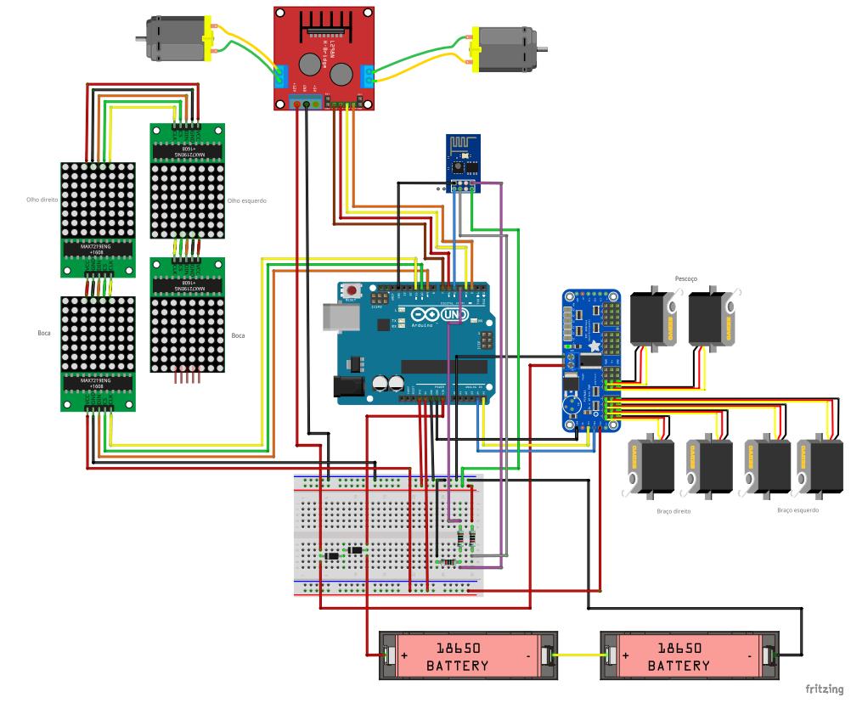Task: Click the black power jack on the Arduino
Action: [351, 386]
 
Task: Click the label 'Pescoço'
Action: [685, 278]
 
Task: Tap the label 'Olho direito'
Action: [41, 201]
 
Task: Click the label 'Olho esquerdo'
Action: [247, 201]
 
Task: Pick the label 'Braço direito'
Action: [673, 512]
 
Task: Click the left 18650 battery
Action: [467, 655]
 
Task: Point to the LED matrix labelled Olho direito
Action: [99, 200]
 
